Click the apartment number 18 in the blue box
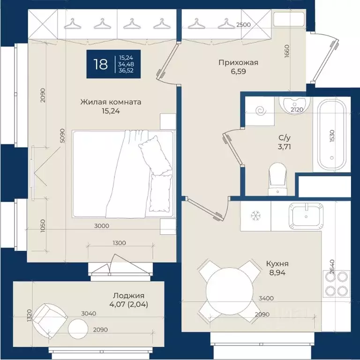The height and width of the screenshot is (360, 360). coord(101,64)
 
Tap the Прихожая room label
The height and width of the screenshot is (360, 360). coord(238,62)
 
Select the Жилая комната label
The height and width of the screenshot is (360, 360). coord(111,102)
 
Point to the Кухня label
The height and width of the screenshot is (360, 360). coord(277,263)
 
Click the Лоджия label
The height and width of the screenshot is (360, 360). coord(128,295)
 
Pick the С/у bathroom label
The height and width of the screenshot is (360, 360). coord(285,138)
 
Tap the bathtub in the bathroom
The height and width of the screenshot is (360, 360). coord(332,135)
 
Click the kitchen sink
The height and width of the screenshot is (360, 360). coord(306,216)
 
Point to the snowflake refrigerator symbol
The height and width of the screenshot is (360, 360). coord(255,216)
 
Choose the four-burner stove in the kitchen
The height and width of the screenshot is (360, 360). coord(337,284)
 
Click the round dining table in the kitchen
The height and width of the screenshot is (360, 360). coord(230,291)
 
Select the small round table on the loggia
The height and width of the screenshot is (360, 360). coord(78,329)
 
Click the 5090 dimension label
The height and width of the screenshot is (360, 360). coord(63,135)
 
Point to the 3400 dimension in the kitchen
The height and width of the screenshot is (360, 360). coord(266,298)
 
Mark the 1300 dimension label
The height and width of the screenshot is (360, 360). coord(120,243)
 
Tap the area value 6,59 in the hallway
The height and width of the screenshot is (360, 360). coord(238,71)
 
